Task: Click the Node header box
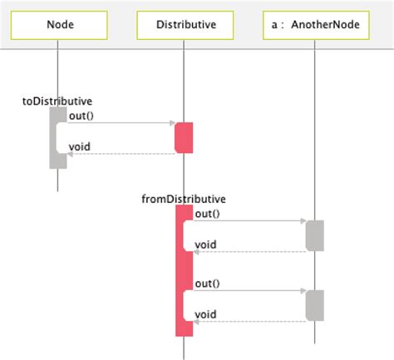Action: point(57,25)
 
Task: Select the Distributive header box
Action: point(185,25)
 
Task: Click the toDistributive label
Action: point(57,101)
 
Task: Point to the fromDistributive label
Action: point(184,199)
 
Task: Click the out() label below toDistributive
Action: point(81,116)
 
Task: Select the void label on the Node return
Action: point(79,147)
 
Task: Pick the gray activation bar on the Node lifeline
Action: point(57,137)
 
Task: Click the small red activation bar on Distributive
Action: point(184,138)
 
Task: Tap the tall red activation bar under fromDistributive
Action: point(184,270)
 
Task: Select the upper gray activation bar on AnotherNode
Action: point(314,235)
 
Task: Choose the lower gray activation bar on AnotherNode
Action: point(314,305)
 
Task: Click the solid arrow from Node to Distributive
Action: point(121,123)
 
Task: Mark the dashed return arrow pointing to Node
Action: point(121,154)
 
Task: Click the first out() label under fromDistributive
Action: point(207,214)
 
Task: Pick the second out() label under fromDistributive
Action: point(207,283)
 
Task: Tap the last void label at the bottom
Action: point(205,314)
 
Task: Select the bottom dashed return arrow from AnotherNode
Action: point(249,321)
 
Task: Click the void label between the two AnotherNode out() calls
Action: point(205,244)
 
